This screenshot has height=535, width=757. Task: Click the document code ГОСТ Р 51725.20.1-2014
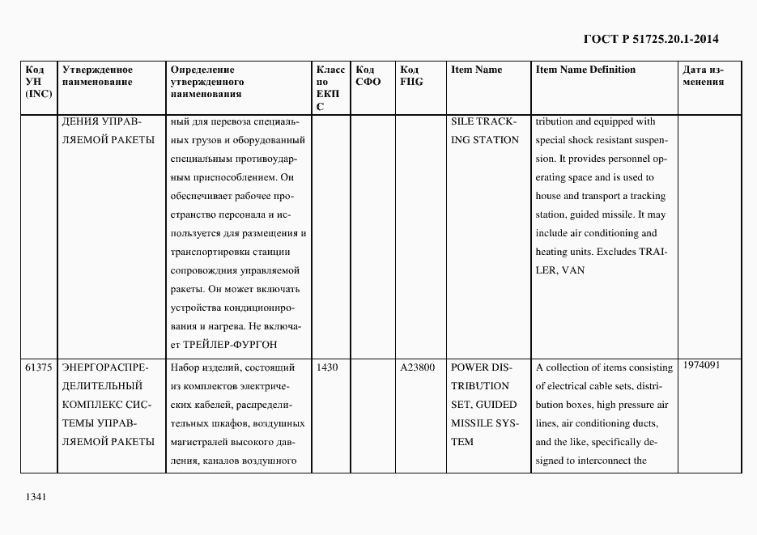click(x=651, y=39)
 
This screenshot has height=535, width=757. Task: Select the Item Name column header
click(x=476, y=70)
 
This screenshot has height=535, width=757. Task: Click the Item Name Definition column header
click(x=585, y=70)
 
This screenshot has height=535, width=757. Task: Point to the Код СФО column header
click(x=368, y=76)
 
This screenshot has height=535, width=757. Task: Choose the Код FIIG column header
click(x=411, y=76)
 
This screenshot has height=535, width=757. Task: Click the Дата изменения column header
click(x=703, y=76)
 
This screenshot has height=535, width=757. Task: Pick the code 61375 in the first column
click(x=39, y=367)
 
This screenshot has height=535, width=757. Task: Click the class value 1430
click(x=327, y=367)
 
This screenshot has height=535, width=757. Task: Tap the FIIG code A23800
click(x=417, y=367)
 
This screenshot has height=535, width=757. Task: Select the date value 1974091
click(x=701, y=365)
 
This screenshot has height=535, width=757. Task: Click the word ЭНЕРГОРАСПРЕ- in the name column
click(x=102, y=367)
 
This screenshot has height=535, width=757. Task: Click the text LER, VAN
click(x=559, y=270)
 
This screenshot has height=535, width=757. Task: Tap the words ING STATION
click(x=484, y=140)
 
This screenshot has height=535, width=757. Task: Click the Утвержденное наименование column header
click(x=97, y=76)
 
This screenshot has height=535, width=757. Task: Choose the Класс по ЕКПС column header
click(x=330, y=88)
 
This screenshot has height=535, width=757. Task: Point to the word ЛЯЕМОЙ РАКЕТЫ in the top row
click(x=108, y=140)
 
